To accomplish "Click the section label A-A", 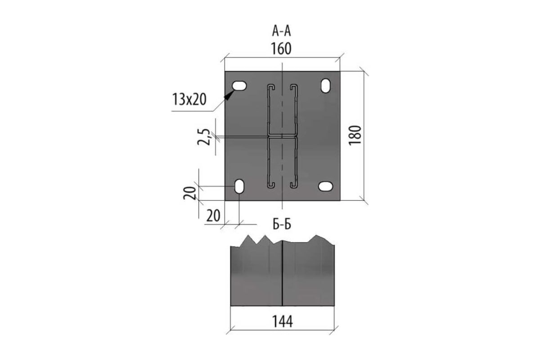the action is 281,31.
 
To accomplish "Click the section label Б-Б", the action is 282,224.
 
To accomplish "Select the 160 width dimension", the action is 281,49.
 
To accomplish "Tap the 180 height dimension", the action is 355,135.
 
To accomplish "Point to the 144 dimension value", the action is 283,321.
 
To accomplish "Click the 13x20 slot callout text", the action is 189,99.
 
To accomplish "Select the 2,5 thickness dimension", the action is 204,137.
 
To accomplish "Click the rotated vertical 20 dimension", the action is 190,193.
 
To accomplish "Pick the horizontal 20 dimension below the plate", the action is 213,216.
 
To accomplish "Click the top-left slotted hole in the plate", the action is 239,85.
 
